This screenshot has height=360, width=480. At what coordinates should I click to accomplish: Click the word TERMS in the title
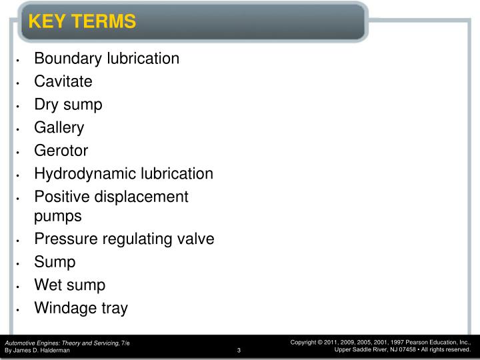104,21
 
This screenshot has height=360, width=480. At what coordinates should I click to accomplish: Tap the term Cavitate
63,81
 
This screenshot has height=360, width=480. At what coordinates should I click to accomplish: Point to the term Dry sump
68,104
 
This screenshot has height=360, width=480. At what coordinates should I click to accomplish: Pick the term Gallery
59,127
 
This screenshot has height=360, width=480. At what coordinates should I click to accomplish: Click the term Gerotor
61,151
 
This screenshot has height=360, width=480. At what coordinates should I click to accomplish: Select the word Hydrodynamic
85,174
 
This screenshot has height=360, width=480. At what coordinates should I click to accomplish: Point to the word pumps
58,216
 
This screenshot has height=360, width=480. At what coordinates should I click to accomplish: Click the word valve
196,239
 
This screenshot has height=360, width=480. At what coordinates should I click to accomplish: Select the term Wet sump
69,285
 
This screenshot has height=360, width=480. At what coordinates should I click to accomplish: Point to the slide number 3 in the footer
238,351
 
